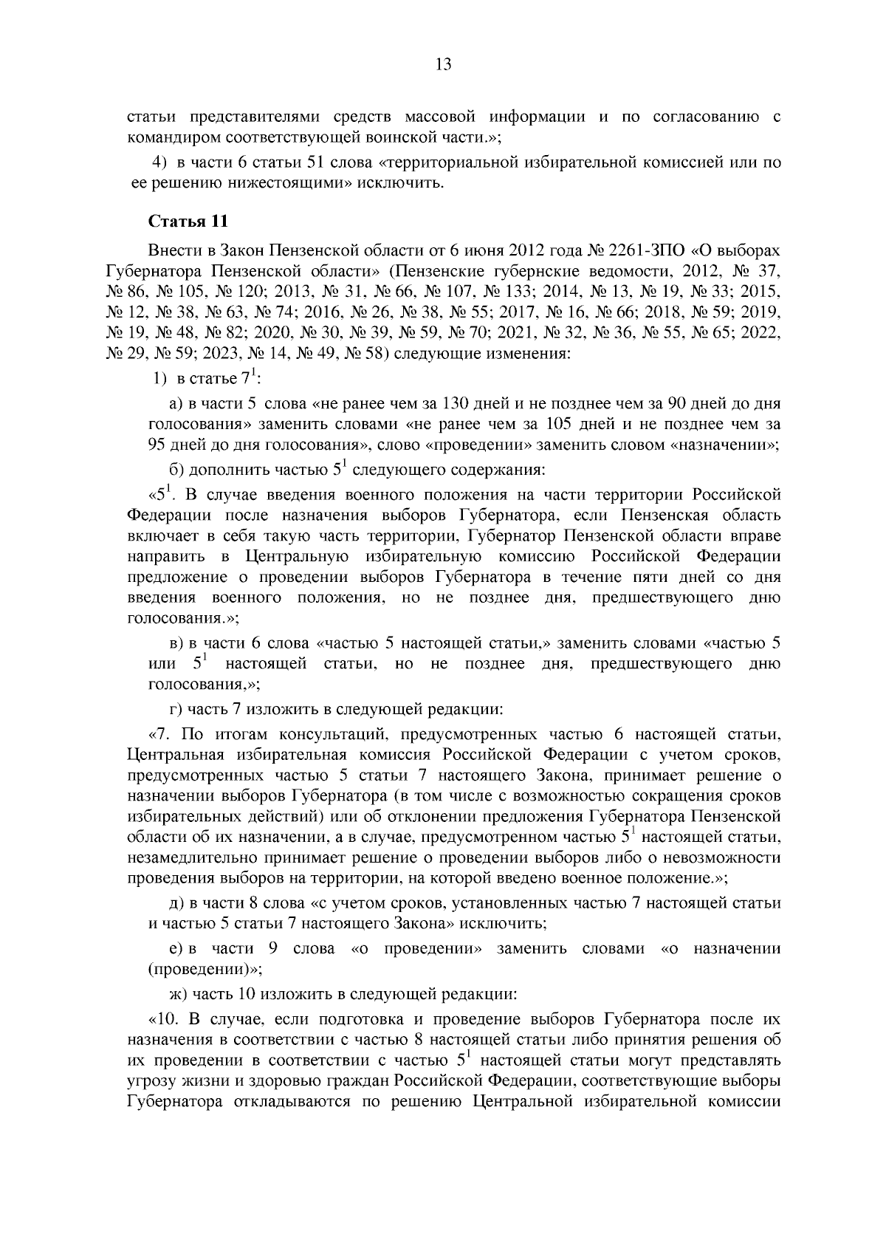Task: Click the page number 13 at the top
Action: [x=443, y=64]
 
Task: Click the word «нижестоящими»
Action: [x=263, y=182]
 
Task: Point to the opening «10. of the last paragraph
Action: [x=165, y=1020]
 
